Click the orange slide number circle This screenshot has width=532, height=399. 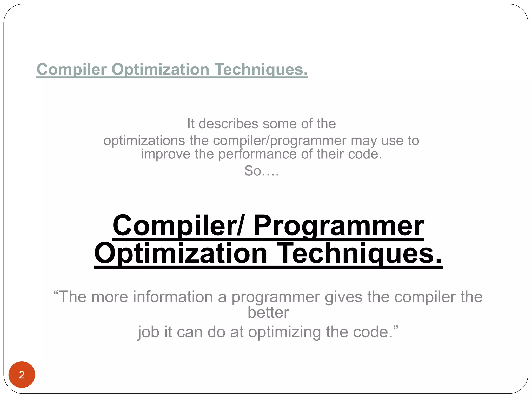tap(22, 375)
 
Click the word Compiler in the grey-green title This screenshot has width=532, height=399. tap(71, 69)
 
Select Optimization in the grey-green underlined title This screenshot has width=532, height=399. tap(160, 69)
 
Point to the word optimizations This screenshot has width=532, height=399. tap(144, 141)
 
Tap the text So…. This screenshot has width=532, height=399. tap(261, 171)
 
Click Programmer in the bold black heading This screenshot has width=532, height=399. tap(339, 225)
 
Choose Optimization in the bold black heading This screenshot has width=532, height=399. tap(181, 253)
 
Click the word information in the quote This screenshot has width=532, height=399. tap(173, 297)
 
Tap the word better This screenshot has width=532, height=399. tap(268, 312)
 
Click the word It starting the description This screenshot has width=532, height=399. tap(191, 124)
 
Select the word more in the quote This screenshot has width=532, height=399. tap(110, 297)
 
